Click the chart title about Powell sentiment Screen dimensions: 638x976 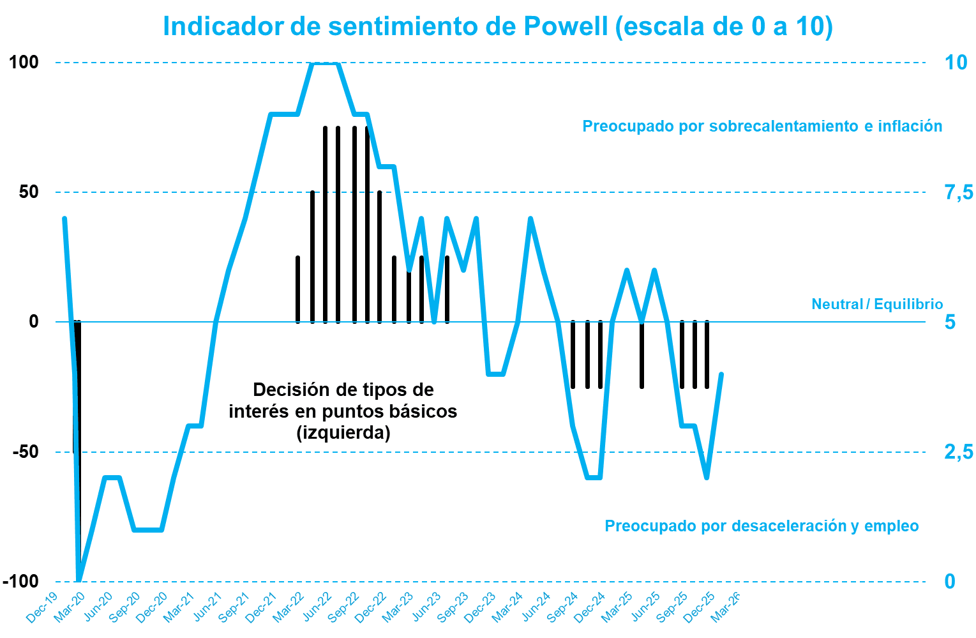pyautogui.click(x=498, y=27)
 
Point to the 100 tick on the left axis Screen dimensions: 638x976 pyautogui.click(x=24, y=63)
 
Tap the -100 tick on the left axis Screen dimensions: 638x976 pyautogui.click(x=20, y=581)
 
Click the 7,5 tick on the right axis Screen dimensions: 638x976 pyautogui.click(x=959, y=192)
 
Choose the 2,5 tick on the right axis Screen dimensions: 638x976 pyautogui.click(x=959, y=452)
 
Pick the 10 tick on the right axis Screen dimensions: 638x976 pyautogui.click(x=956, y=63)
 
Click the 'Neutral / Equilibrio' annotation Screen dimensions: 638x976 pyautogui.click(x=876, y=304)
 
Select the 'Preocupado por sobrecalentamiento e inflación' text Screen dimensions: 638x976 pyautogui.click(x=762, y=126)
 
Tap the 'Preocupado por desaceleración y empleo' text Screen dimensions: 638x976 pyautogui.click(x=762, y=526)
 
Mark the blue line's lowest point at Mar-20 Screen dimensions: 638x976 pyautogui.click(x=79, y=580)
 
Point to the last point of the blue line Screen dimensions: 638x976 pyautogui.click(x=721, y=374)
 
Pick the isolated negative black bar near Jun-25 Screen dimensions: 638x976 pyautogui.click(x=642, y=355)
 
